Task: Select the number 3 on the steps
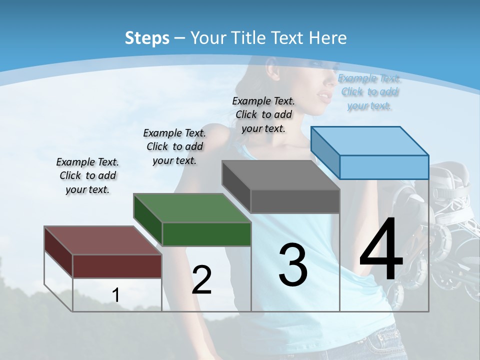click(x=293, y=264)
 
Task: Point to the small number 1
click(x=116, y=295)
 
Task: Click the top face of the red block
click(x=102, y=240)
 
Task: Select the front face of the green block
click(x=206, y=234)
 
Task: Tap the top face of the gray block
click(x=280, y=175)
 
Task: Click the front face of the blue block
click(x=384, y=167)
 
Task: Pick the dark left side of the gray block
click(x=236, y=186)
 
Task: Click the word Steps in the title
click(x=147, y=38)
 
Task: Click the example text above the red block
click(x=87, y=175)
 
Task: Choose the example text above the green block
click(x=174, y=146)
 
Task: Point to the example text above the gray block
click(x=263, y=114)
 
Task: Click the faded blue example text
click(x=369, y=91)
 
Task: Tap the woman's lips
click(x=323, y=94)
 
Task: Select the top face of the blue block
click(x=369, y=140)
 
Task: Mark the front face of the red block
click(x=117, y=266)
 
